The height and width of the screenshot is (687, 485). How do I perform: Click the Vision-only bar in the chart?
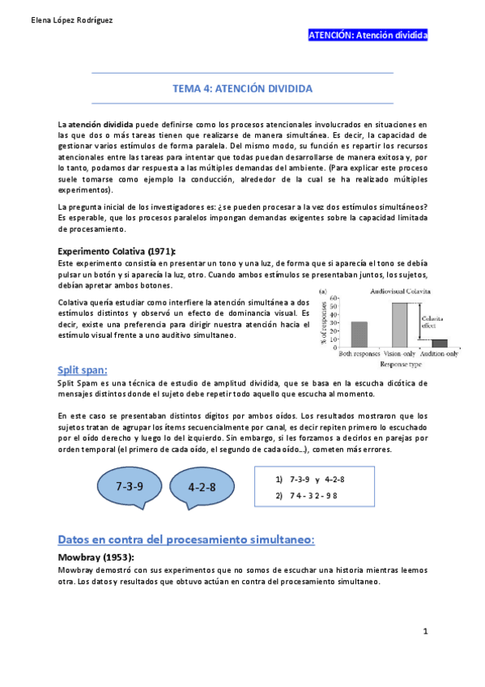(x=399, y=325)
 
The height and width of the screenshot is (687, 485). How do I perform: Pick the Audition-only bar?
(x=439, y=343)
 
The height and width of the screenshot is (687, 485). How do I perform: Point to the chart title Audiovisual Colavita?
(x=399, y=290)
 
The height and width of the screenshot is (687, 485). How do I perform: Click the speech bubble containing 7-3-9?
(x=130, y=488)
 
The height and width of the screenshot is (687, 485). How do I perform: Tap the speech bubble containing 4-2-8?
(x=202, y=489)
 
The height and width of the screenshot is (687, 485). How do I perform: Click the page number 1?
(x=425, y=630)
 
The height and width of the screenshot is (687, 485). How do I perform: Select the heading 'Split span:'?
(x=83, y=369)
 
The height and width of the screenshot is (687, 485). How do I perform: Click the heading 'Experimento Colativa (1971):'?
(x=116, y=251)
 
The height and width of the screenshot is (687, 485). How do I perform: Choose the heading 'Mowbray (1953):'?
(x=96, y=557)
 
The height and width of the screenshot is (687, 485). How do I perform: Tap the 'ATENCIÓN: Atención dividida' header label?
(x=368, y=36)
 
